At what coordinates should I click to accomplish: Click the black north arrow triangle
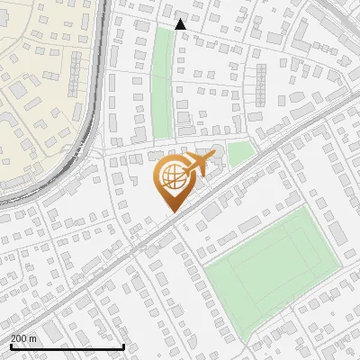click(181, 24)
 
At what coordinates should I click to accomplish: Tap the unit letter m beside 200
click(33, 338)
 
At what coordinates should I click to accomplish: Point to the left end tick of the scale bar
click(10, 346)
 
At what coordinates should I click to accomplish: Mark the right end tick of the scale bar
click(123, 346)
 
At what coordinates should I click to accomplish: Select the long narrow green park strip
click(161, 81)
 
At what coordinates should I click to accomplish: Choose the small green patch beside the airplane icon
click(238, 155)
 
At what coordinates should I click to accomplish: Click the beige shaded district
click(36, 99)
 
